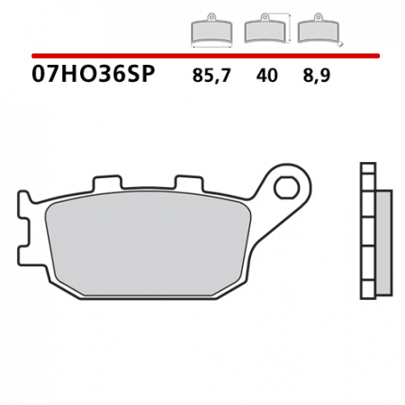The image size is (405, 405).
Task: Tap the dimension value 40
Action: pyautogui.click(x=266, y=76)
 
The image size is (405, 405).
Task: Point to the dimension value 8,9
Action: pyautogui.click(x=316, y=76)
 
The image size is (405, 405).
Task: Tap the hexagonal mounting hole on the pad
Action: pyautogui.click(x=287, y=190)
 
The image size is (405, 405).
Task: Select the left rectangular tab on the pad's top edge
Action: pyautogui.click(x=106, y=184)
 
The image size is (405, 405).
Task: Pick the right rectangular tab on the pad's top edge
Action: pyautogui.click(x=187, y=184)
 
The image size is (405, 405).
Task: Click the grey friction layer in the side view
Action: pyautogui.click(x=383, y=243)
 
